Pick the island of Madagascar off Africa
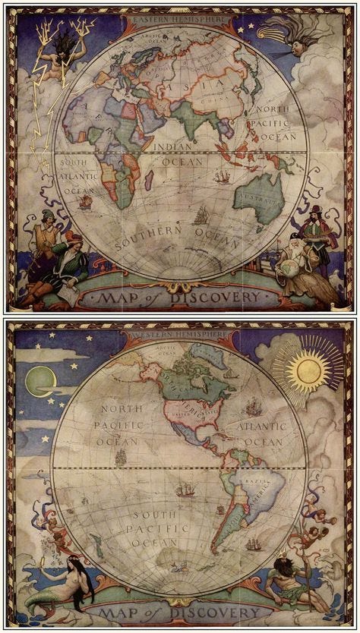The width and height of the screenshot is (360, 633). point(149,180)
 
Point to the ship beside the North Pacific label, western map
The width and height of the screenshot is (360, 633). point(120,457)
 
